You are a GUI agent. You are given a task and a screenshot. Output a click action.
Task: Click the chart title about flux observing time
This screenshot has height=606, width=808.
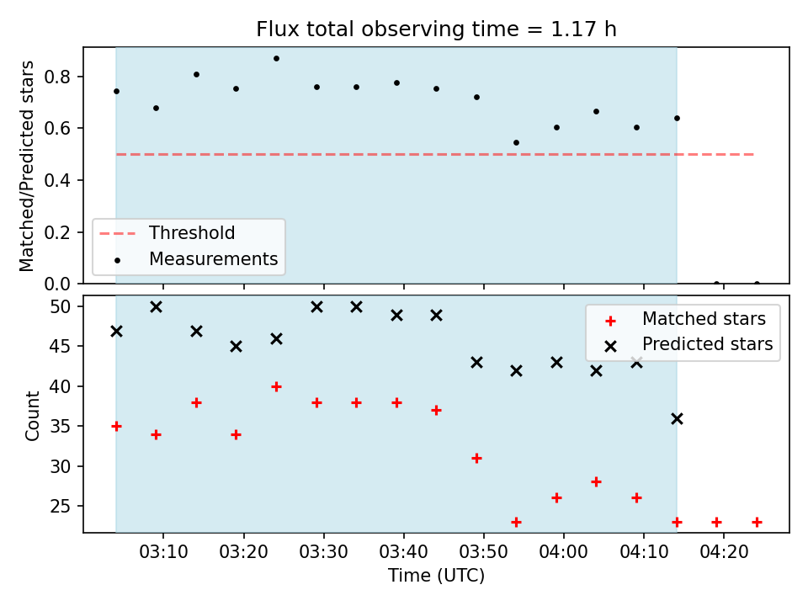(x=436, y=29)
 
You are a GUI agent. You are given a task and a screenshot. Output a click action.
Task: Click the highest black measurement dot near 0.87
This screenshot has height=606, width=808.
(x=276, y=59)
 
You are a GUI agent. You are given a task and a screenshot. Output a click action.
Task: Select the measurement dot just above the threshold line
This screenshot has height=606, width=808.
(x=516, y=143)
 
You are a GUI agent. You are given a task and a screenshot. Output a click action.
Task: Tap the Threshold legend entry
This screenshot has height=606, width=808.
(x=167, y=233)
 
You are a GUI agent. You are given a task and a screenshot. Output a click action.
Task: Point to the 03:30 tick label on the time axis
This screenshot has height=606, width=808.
(x=323, y=552)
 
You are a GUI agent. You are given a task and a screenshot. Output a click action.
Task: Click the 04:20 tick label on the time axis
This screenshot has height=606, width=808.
(x=724, y=552)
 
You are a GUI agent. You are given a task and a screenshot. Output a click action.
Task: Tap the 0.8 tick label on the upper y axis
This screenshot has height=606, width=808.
(x=56, y=77)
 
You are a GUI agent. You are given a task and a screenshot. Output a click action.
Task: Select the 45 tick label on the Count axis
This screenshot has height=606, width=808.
(x=59, y=346)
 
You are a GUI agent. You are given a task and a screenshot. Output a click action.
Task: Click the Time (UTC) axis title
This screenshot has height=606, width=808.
(x=436, y=575)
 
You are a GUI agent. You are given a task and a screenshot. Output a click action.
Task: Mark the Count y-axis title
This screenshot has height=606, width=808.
(x=32, y=416)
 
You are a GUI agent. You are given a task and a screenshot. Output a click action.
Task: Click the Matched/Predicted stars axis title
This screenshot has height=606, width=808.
(x=26, y=166)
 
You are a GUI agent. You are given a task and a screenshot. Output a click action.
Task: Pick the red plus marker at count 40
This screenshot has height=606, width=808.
(x=276, y=386)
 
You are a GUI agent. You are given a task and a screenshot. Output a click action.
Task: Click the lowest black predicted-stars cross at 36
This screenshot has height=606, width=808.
(x=677, y=419)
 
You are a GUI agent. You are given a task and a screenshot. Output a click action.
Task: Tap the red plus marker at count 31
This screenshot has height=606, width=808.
(x=476, y=458)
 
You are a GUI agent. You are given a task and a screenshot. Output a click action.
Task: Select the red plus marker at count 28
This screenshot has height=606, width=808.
(x=596, y=481)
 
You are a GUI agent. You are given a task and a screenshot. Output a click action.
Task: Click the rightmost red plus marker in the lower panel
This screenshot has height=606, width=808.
(x=757, y=522)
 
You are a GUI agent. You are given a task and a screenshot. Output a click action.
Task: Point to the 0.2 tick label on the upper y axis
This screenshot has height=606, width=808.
(x=56, y=232)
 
